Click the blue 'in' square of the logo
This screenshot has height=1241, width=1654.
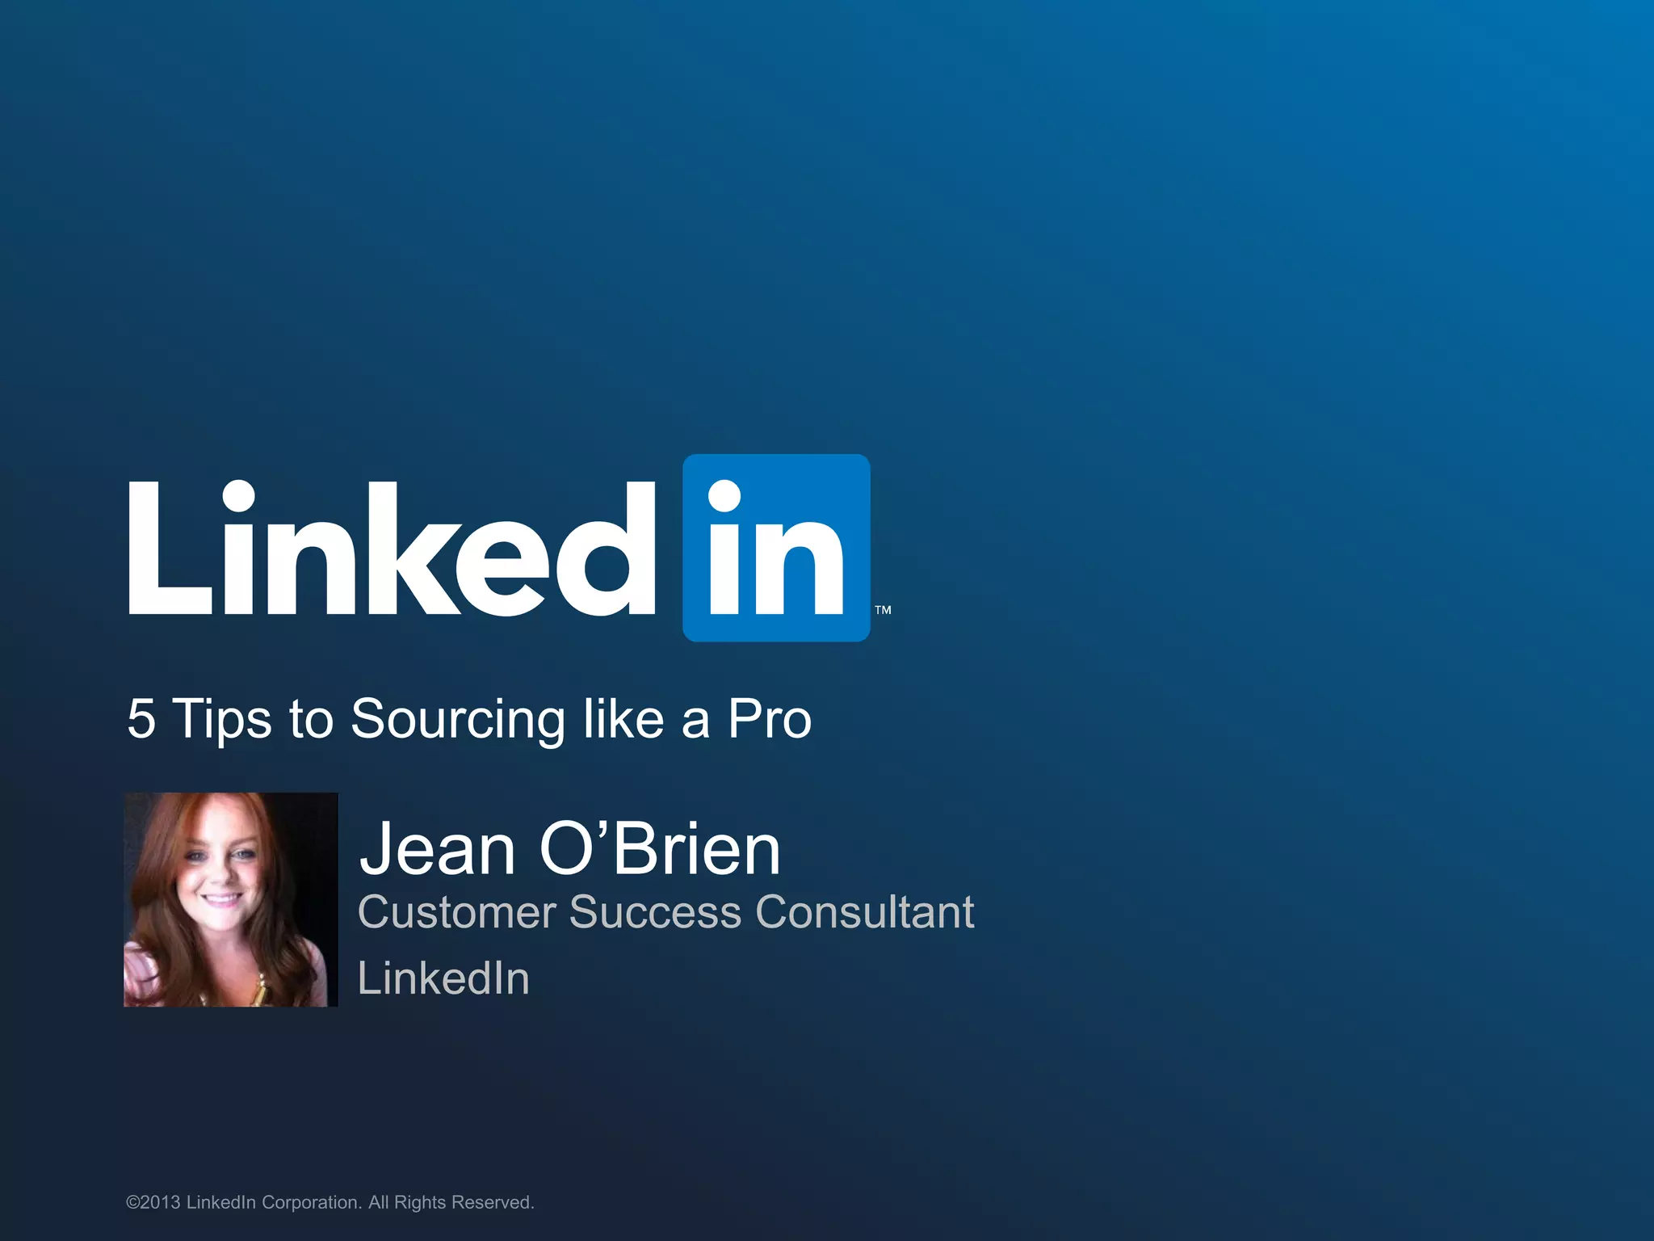[x=776, y=548]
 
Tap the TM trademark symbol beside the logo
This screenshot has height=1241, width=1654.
[x=883, y=610]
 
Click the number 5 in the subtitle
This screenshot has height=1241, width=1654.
[x=141, y=718]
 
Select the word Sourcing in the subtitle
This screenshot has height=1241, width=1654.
[x=458, y=719]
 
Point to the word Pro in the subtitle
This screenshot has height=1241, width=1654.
[x=769, y=718]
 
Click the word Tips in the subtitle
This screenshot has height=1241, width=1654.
[x=222, y=719]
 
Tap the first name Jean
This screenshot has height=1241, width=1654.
[x=437, y=849]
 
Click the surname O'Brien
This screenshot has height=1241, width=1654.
[x=659, y=849]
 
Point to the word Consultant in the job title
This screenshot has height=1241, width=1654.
[x=864, y=913]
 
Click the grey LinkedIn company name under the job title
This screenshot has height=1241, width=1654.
[x=443, y=978]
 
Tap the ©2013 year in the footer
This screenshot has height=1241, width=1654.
[x=153, y=1202]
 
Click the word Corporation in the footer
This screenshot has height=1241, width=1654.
[x=311, y=1202]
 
